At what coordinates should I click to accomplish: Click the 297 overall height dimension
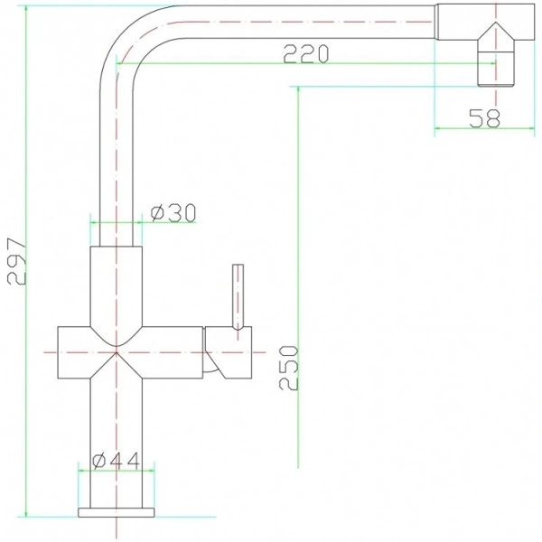tap(17, 263)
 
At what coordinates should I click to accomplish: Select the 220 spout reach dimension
tap(303, 53)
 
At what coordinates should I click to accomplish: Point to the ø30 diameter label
tap(172, 213)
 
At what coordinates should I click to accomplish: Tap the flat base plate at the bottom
tap(117, 513)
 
